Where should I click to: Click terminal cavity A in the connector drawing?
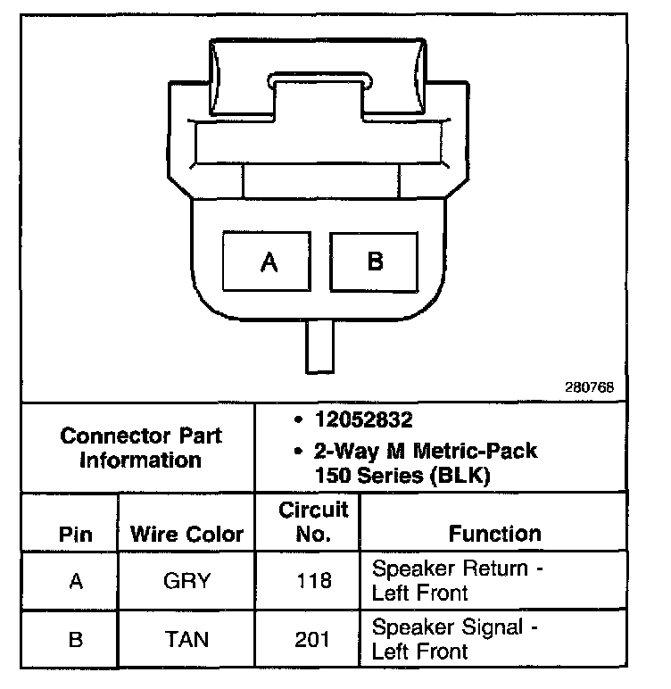point(269,261)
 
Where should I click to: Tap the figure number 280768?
point(590,388)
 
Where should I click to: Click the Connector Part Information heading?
point(140,448)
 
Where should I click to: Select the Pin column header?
point(76,535)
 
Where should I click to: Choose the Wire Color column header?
point(186,535)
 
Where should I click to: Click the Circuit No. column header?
point(312,522)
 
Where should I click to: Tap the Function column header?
point(494,534)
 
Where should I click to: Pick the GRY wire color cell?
point(186,581)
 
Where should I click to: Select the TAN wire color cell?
point(186,639)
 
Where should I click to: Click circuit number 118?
point(312,581)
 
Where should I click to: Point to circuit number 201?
point(312,639)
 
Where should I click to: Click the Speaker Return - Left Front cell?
point(460,580)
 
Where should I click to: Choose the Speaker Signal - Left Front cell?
point(455,639)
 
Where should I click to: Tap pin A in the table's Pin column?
point(76,581)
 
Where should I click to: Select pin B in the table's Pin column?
point(76,639)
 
